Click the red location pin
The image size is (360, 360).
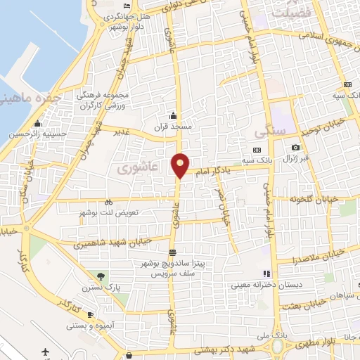(180, 165)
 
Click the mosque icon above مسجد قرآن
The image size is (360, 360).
(174, 115)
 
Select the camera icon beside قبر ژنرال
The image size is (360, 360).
(296, 147)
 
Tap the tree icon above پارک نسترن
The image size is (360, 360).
(103, 276)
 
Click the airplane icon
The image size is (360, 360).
(46, 351)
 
